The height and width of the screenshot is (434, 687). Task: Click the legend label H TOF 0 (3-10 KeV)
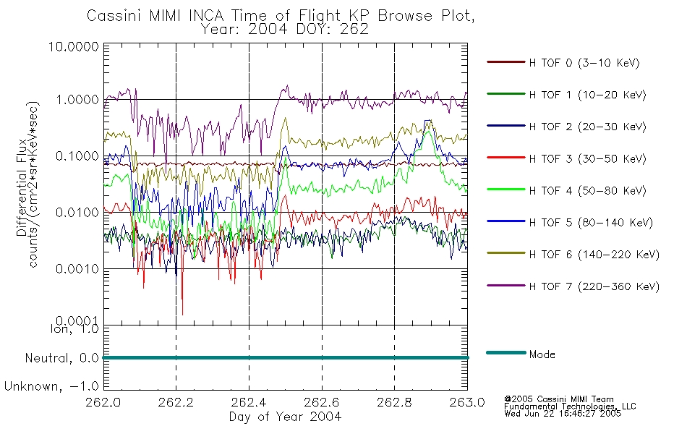(584, 63)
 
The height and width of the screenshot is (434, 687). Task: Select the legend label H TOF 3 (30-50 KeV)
(587, 158)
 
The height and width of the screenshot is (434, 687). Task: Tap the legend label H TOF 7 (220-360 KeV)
(594, 286)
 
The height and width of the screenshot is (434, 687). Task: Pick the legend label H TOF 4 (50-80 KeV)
(587, 191)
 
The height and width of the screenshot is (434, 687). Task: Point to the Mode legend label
(542, 354)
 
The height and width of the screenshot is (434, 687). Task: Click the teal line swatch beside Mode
(506, 352)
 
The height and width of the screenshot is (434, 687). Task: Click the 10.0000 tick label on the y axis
(74, 46)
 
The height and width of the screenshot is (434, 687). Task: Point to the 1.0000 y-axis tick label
(77, 100)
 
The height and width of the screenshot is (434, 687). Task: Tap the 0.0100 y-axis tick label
(77, 213)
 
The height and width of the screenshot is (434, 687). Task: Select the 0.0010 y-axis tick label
(77, 269)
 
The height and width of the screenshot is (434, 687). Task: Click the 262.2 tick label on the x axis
(176, 402)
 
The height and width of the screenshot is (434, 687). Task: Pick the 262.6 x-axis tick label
(322, 402)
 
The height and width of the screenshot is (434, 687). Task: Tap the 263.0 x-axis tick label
(467, 402)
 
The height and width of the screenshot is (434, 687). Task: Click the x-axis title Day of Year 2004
(285, 417)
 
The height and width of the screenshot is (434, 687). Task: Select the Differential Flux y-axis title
(22, 187)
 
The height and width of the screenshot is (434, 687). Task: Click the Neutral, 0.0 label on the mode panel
(61, 359)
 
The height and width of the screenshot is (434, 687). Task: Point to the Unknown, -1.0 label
(51, 387)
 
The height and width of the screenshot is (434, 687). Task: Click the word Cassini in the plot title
(115, 16)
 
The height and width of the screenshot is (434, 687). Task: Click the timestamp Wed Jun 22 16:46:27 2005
(563, 414)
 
